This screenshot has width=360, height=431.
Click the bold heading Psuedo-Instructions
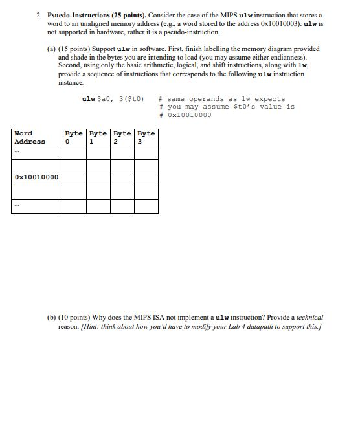tap(80, 14)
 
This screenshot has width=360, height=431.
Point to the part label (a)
tap(51, 49)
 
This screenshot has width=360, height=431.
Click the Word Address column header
tap(30, 137)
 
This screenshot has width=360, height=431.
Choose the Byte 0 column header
tap(74, 137)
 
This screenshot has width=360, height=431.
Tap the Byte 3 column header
tap(146, 137)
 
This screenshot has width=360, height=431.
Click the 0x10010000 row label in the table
tap(36, 177)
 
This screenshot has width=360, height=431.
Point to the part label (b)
tap(51, 318)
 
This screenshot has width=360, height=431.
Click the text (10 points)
tap(74, 318)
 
